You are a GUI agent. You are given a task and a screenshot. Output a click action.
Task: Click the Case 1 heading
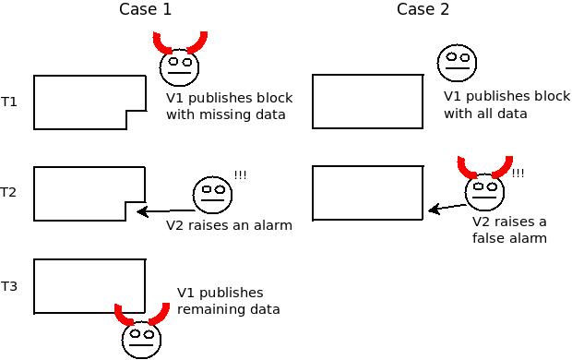coord(145,10)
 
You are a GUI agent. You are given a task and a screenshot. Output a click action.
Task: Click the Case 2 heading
coord(423,10)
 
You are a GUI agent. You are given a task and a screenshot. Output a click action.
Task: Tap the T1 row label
coord(9,102)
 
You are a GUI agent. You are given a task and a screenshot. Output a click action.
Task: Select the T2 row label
coord(9,193)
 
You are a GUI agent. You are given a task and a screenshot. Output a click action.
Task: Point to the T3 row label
coord(9,286)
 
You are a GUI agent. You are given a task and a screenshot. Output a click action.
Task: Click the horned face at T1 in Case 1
coord(180,66)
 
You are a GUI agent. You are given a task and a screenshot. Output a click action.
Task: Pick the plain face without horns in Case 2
coord(457,63)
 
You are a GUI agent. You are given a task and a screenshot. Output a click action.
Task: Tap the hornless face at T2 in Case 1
coord(211,194)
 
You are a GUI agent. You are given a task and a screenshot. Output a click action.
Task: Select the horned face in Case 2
coord(485,191)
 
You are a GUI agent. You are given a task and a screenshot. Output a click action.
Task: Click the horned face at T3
coord(141,336)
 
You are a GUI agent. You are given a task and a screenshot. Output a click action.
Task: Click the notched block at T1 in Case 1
coord(88,102)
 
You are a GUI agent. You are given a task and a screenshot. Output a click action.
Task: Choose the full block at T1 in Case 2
coord(367,102)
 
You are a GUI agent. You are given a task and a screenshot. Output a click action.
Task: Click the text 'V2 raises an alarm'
coord(229,225)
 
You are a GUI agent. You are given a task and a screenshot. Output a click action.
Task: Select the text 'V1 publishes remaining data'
coord(228,301)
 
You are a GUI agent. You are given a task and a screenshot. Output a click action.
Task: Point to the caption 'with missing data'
coord(225,114)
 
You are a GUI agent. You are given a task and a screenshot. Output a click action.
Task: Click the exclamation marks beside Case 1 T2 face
coord(240,175)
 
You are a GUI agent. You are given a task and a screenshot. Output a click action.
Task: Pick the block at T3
coord(89,286)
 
